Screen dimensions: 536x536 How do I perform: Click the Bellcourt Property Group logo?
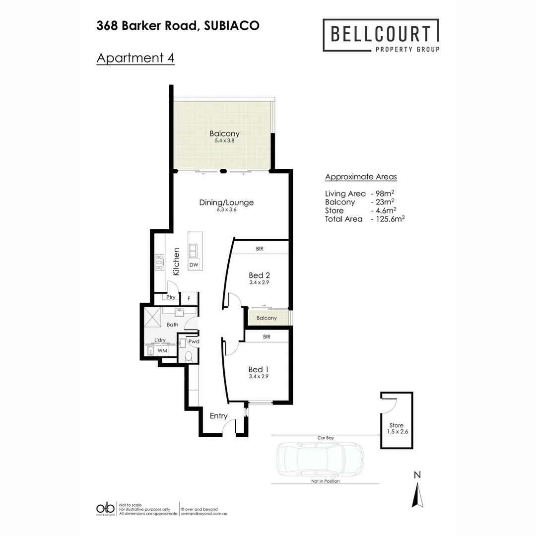tap(381, 35)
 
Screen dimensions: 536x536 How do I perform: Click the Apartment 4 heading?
tap(135, 58)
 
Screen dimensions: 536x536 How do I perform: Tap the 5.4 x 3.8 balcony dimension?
tap(224, 140)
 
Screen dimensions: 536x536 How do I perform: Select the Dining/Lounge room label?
tap(226, 202)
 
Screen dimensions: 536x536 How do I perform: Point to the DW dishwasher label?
tap(194, 265)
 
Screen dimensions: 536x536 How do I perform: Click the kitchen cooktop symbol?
tap(159, 262)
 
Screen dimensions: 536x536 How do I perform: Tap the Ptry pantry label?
tap(171, 298)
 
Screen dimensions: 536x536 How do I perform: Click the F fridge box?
tap(189, 298)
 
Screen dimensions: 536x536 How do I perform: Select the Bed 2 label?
tap(259, 275)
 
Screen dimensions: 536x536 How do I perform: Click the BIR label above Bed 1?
tap(267, 336)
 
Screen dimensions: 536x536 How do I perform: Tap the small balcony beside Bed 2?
tap(267, 318)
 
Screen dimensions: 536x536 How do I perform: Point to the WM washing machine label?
tap(162, 351)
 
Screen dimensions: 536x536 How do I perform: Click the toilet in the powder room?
tap(188, 356)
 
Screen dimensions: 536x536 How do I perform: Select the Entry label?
tap(218, 416)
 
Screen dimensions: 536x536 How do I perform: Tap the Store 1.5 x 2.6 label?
tap(396, 428)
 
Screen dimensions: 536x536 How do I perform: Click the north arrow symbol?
tap(418, 494)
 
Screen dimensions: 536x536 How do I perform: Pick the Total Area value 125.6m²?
tap(388, 218)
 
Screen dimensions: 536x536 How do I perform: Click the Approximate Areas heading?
tap(361, 177)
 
